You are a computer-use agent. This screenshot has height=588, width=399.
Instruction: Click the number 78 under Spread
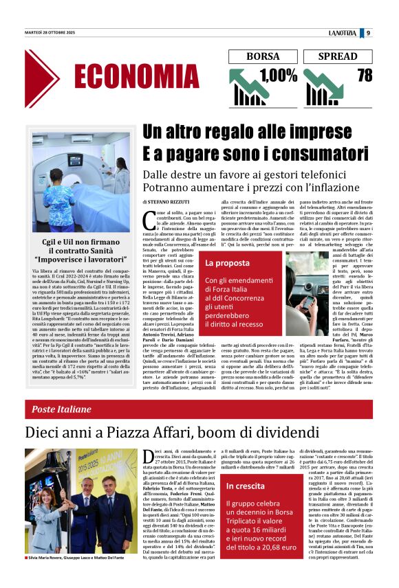click(365, 74)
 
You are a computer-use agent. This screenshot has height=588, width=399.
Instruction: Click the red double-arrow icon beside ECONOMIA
click(41, 78)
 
